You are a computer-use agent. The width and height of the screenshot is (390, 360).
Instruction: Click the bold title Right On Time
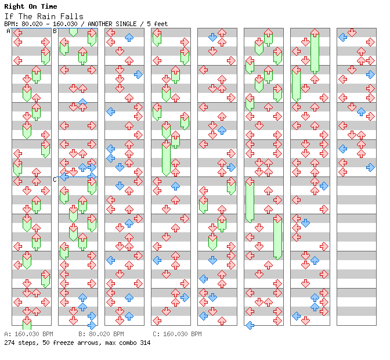coord(31,7)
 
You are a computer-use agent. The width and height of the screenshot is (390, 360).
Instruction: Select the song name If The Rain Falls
coord(44,16)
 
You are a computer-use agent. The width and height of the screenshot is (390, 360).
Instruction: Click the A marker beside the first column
coord(8,31)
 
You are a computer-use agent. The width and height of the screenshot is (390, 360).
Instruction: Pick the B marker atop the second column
coord(55,31)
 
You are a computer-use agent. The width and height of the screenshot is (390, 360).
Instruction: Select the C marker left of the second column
coord(55,179)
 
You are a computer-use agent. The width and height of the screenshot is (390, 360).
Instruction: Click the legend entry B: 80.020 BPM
coord(101,334)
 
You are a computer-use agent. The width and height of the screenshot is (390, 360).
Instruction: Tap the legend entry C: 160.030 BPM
coord(177,334)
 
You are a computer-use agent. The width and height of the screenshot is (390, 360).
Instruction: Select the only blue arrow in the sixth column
coord(250,325)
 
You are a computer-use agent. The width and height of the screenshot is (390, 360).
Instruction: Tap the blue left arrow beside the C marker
coord(64,177)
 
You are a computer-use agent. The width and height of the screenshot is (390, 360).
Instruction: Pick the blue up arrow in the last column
coord(361,111)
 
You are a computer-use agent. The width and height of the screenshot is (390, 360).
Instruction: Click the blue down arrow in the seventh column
coord(305,223)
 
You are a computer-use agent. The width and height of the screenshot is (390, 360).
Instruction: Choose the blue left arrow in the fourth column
coord(157,260)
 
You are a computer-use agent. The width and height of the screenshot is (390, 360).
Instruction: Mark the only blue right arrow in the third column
coord(138,74)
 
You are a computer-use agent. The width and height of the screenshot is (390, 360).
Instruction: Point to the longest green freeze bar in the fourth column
coord(166,157)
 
